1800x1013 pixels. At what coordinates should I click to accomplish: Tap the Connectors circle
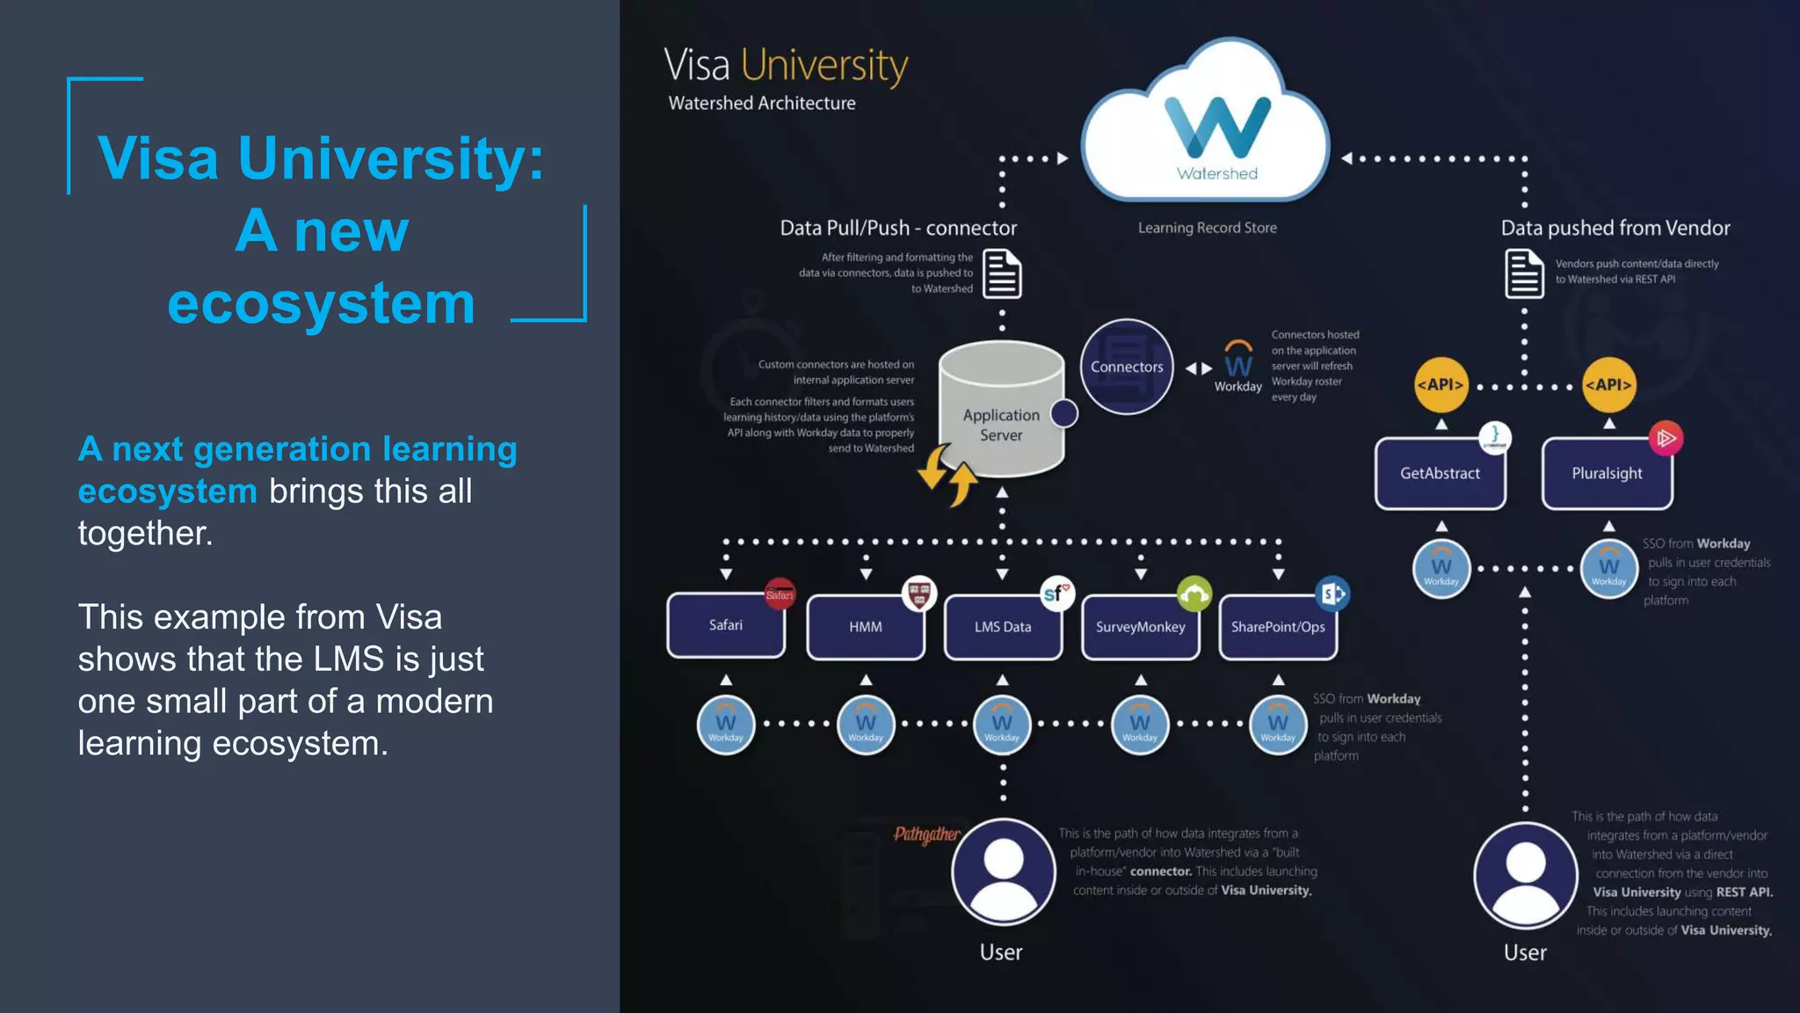(x=1126, y=367)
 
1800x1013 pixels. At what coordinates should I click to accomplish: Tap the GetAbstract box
(x=1440, y=474)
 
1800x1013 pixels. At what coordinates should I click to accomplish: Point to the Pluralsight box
(x=1607, y=474)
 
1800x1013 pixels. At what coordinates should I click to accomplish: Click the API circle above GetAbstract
(x=1441, y=384)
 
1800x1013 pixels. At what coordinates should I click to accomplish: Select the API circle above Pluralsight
(x=1608, y=384)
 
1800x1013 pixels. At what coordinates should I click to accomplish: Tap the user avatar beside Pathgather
(x=1003, y=871)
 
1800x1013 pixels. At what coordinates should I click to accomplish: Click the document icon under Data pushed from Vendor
(x=1524, y=273)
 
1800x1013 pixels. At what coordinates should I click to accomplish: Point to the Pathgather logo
(x=926, y=834)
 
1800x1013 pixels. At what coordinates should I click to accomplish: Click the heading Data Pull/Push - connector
(x=898, y=229)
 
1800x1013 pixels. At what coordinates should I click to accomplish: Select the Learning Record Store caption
(x=1207, y=228)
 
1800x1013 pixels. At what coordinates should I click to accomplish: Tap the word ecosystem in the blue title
(x=322, y=303)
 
